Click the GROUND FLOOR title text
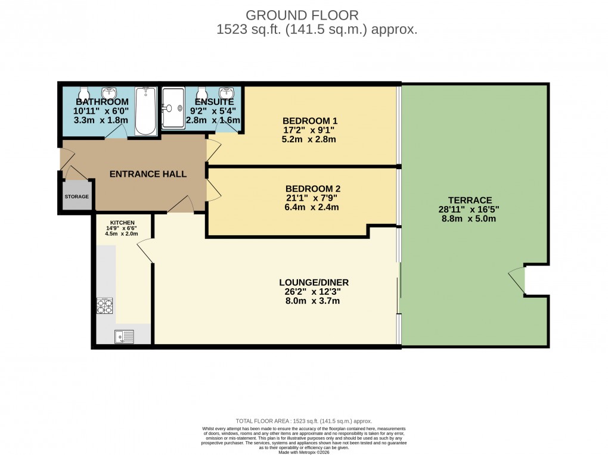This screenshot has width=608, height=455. click(x=303, y=15)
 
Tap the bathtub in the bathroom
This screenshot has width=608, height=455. click(x=145, y=111)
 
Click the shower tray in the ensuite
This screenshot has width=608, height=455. click(x=173, y=108)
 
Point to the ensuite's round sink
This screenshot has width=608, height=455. click(x=227, y=94)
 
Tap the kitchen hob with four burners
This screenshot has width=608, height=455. click(x=105, y=306)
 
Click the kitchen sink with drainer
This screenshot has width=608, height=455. click(x=125, y=336)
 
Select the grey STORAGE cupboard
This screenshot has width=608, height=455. click(x=77, y=197)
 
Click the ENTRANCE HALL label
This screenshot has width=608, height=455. click(x=148, y=174)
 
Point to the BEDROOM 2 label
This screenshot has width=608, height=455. click(x=312, y=188)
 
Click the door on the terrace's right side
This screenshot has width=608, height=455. click(x=516, y=279)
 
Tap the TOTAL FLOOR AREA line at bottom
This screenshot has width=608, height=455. click(x=303, y=421)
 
